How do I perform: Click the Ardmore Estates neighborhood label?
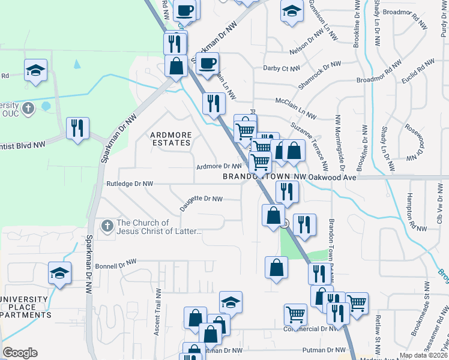[x=170, y=139]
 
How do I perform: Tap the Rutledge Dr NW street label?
[x=130, y=184]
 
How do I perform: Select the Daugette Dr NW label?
[x=201, y=203]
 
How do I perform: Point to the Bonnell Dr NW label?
[x=116, y=263]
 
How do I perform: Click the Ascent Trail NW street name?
[x=158, y=312]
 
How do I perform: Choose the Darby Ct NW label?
[x=281, y=68]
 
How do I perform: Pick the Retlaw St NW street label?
[x=378, y=340]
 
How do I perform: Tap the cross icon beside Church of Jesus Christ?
[x=107, y=226]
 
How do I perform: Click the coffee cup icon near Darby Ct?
[x=208, y=63]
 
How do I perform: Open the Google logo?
[x=20, y=353]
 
